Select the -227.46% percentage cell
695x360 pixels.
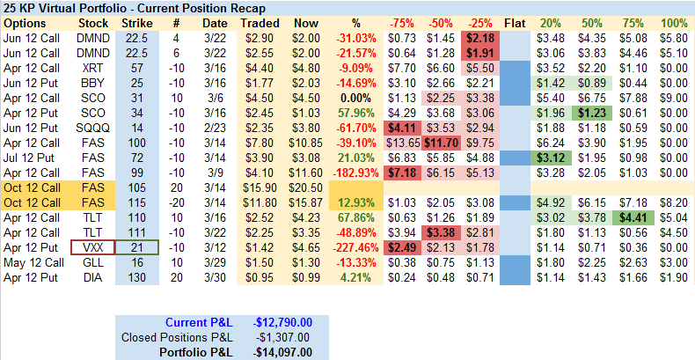(357, 248)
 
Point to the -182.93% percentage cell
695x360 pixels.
(357, 173)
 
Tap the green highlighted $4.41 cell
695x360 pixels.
(632, 217)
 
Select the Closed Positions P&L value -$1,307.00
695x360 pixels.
(282, 337)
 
